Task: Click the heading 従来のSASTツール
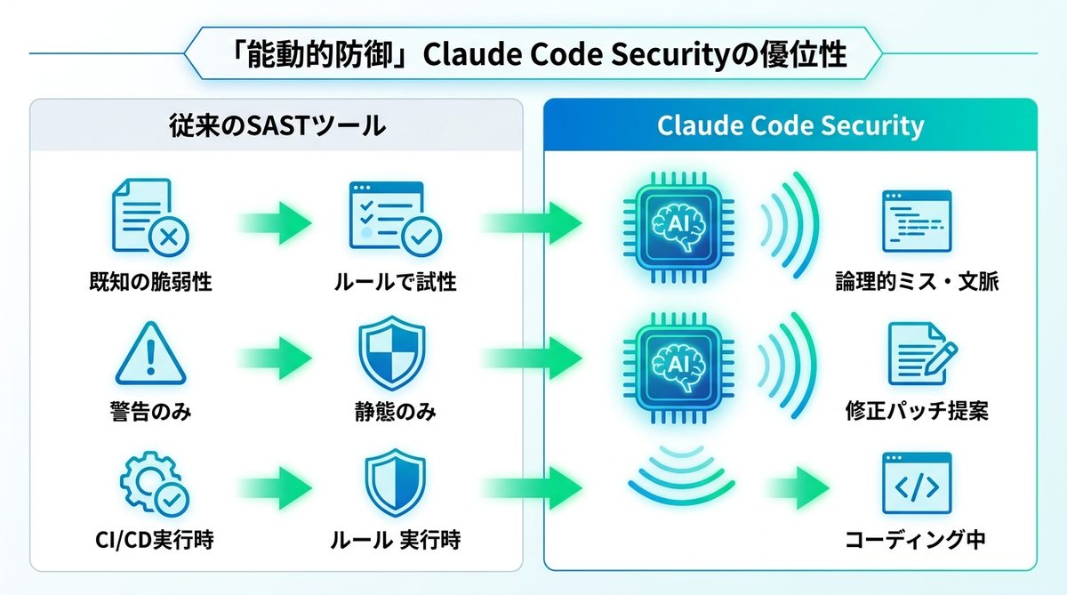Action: pos(277,125)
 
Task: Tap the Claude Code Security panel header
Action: pos(790,125)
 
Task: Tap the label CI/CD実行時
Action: pos(150,539)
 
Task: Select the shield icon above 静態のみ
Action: pos(392,353)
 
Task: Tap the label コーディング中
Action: pos(916,539)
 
